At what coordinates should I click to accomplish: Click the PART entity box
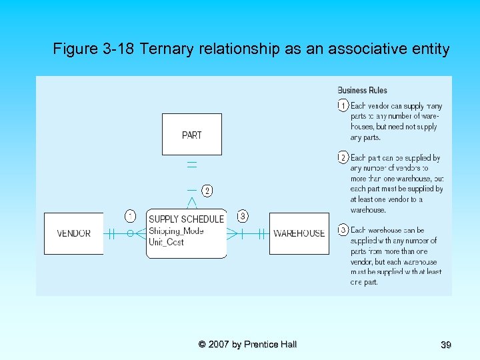pyautogui.click(x=191, y=134)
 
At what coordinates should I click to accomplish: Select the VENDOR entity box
pyautogui.click(x=74, y=233)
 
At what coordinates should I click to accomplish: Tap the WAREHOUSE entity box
pyautogui.click(x=299, y=233)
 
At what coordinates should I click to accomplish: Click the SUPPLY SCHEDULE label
pyautogui.click(x=186, y=219)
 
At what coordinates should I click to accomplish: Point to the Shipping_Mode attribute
pyautogui.click(x=176, y=231)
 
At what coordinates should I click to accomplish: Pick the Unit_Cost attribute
pyautogui.click(x=166, y=242)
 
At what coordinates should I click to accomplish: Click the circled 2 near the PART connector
pyautogui.click(x=207, y=191)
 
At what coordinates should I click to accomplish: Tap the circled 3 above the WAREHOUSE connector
pyautogui.click(x=243, y=215)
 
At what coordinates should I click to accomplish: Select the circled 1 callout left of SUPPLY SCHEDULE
pyautogui.click(x=131, y=215)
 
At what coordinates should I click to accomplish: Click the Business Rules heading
pyautogui.click(x=362, y=90)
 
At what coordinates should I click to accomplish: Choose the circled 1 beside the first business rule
pyautogui.click(x=343, y=105)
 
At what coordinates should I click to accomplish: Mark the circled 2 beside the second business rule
pyautogui.click(x=343, y=158)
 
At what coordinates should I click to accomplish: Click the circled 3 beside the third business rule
pyautogui.click(x=343, y=230)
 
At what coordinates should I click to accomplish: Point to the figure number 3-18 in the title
pyautogui.click(x=117, y=49)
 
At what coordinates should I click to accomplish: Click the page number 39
pyautogui.click(x=446, y=345)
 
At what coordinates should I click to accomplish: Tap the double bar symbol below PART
pyautogui.click(x=192, y=163)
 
